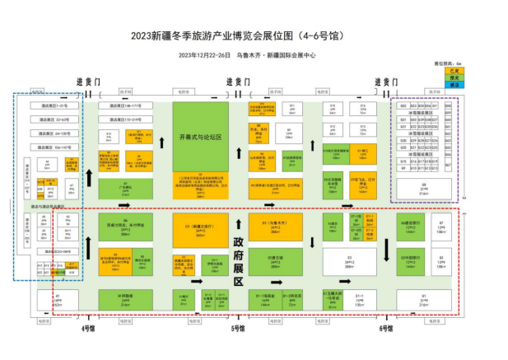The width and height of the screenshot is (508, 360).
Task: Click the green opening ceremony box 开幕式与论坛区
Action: click(200, 137)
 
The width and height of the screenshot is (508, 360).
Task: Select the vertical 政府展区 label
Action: click(238, 250)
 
